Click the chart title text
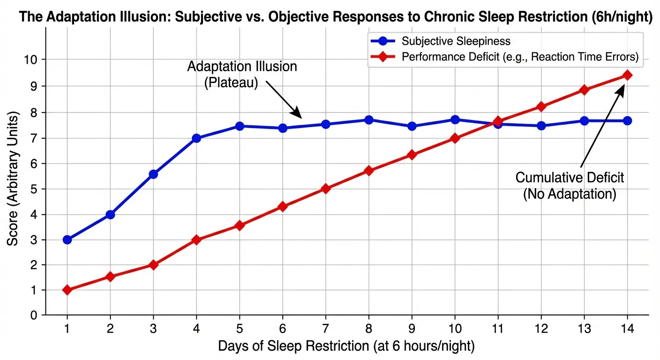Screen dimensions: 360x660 pyautogui.click(x=336, y=18)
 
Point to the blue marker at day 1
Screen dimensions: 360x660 pyautogui.click(x=67, y=240)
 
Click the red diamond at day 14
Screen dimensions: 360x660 pyautogui.click(x=627, y=75)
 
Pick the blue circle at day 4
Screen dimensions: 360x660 pyautogui.click(x=196, y=138)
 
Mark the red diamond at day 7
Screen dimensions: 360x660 pyautogui.click(x=326, y=189)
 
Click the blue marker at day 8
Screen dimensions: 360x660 pyautogui.click(x=369, y=120)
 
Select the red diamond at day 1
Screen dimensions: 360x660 pyautogui.click(x=67, y=290)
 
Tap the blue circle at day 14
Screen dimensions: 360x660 pyautogui.click(x=627, y=120)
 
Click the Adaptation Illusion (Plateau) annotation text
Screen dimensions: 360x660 pyautogui.click(x=242, y=75)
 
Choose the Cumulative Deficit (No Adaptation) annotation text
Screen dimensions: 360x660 pyautogui.click(x=570, y=186)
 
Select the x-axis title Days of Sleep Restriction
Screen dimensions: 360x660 pyautogui.click(x=346, y=346)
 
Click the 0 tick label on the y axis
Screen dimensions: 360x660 pyautogui.click(x=34, y=315)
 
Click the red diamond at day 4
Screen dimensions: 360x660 pyautogui.click(x=196, y=240)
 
